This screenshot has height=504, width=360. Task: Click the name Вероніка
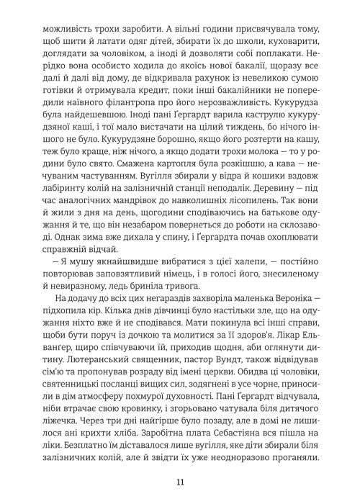tap(296, 304)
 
